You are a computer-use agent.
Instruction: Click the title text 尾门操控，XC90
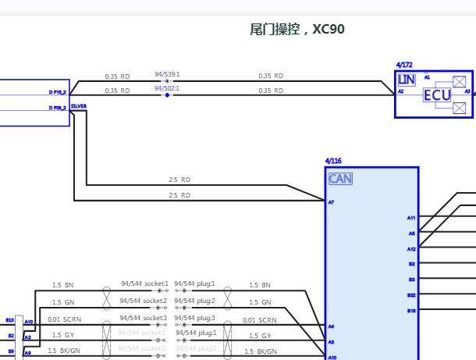pyautogui.click(x=297, y=30)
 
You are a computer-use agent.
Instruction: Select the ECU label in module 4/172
pyautogui.click(x=437, y=95)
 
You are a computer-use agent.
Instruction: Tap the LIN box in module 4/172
pyautogui.click(x=406, y=80)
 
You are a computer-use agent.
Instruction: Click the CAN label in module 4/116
pyautogui.click(x=340, y=179)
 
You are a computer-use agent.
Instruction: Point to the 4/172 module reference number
pyautogui.click(x=403, y=66)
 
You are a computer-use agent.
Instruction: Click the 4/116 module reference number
pyautogui.click(x=332, y=161)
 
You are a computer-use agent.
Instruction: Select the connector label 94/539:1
pyautogui.click(x=167, y=73)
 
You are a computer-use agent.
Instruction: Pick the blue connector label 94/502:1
pyautogui.click(x=167, y=88)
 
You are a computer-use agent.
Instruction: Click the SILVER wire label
pyautogui.click(x=78, y=105)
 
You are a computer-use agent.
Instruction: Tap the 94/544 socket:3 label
pyautogui.click(x=144, y=318)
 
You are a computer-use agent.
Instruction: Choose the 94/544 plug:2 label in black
pyautogui.click(x=194, y=301)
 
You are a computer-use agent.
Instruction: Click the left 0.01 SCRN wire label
pyautogui.click(x=63, y=319)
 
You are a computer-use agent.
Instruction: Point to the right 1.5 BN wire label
pyautogui.click(x=260, y=285)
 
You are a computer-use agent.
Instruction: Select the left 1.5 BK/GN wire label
pyautogui.click(x=63, y=351)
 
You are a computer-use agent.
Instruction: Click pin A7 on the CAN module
pyautogui.click(x=331, y=201)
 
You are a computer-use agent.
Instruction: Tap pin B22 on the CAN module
pyautogui.click(x=411, y=294)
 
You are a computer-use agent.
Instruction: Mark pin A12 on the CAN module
pyautogui.click(x=411, y=248)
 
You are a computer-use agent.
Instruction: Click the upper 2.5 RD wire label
pyautogui.click(x=179, y=180)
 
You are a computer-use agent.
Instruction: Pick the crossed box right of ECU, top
pyautogui.click(x=460, y=81)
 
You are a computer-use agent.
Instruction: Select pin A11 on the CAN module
pyautogui.click(x=411, y=218)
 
